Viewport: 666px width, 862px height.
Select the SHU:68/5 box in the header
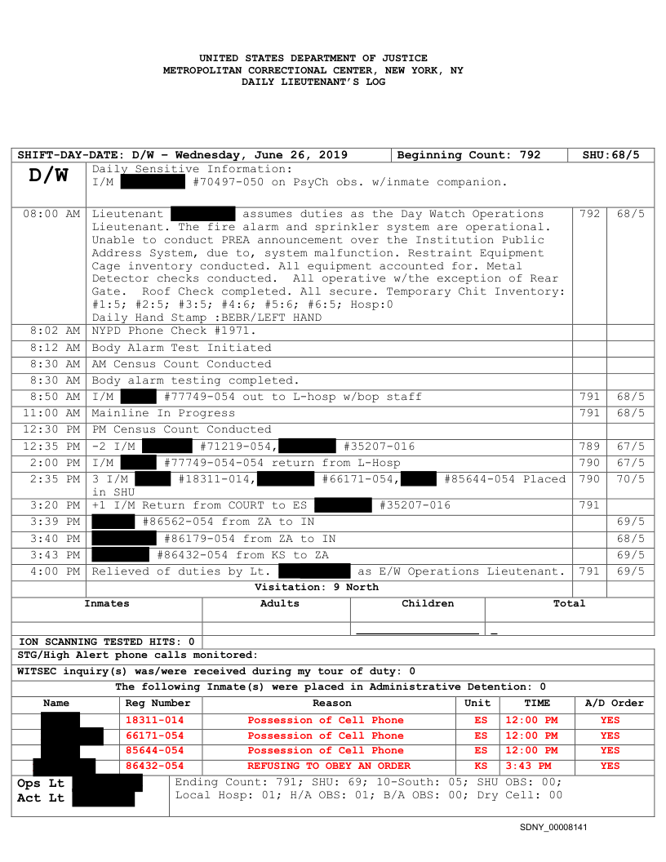(611, 155)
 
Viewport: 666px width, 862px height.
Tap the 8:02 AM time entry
(55, 331)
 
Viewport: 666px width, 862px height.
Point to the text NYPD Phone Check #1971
(174, 331)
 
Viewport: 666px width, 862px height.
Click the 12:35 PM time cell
(51, 447)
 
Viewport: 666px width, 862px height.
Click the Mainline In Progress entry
(163, 413)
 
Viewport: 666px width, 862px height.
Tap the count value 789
(589, 447)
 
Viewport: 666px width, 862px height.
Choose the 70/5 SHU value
(630, 479)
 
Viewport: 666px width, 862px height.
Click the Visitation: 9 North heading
(317, 587)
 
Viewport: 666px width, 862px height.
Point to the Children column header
(428, 604)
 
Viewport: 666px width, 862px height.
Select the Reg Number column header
(158, 704)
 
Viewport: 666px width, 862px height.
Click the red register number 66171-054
(154, 735)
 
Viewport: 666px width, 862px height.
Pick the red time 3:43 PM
(528, 766)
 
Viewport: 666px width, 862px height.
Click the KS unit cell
(481, 766)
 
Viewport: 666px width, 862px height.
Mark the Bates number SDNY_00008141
(553, 828)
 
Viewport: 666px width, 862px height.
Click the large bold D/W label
(49, 176)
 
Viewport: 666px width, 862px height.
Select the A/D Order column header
(615, 704)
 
